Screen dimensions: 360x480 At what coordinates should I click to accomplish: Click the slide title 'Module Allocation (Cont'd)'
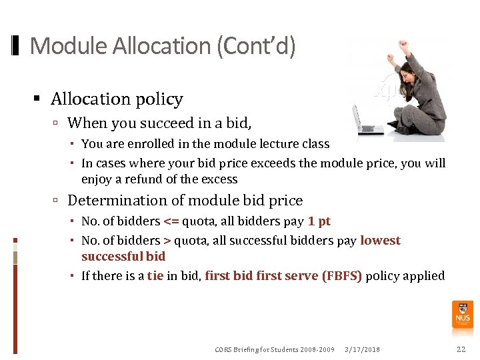coord(163,47)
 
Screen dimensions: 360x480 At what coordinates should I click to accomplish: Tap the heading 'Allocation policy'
coord(117,99)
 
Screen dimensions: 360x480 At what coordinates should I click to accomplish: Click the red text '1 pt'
coord(319,221)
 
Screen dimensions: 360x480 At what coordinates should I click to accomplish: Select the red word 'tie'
coord(155,276)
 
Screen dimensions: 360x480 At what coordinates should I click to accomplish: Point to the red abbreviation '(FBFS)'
coord(342,276)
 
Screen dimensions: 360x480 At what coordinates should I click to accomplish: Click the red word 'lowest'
coord(380,241)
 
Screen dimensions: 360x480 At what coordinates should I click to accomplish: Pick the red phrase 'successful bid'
coord(123,257)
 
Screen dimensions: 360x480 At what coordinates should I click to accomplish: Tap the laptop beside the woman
coord(366,120)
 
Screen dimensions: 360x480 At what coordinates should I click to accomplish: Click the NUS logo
coord(463,313)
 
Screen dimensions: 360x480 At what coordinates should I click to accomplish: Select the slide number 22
coord(461,349)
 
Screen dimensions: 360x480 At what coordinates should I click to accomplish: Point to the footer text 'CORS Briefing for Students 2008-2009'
coord(275,349)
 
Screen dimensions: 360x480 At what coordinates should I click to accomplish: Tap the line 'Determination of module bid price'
coord(185,201)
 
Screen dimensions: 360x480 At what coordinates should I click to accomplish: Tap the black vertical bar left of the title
coord(16,46)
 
